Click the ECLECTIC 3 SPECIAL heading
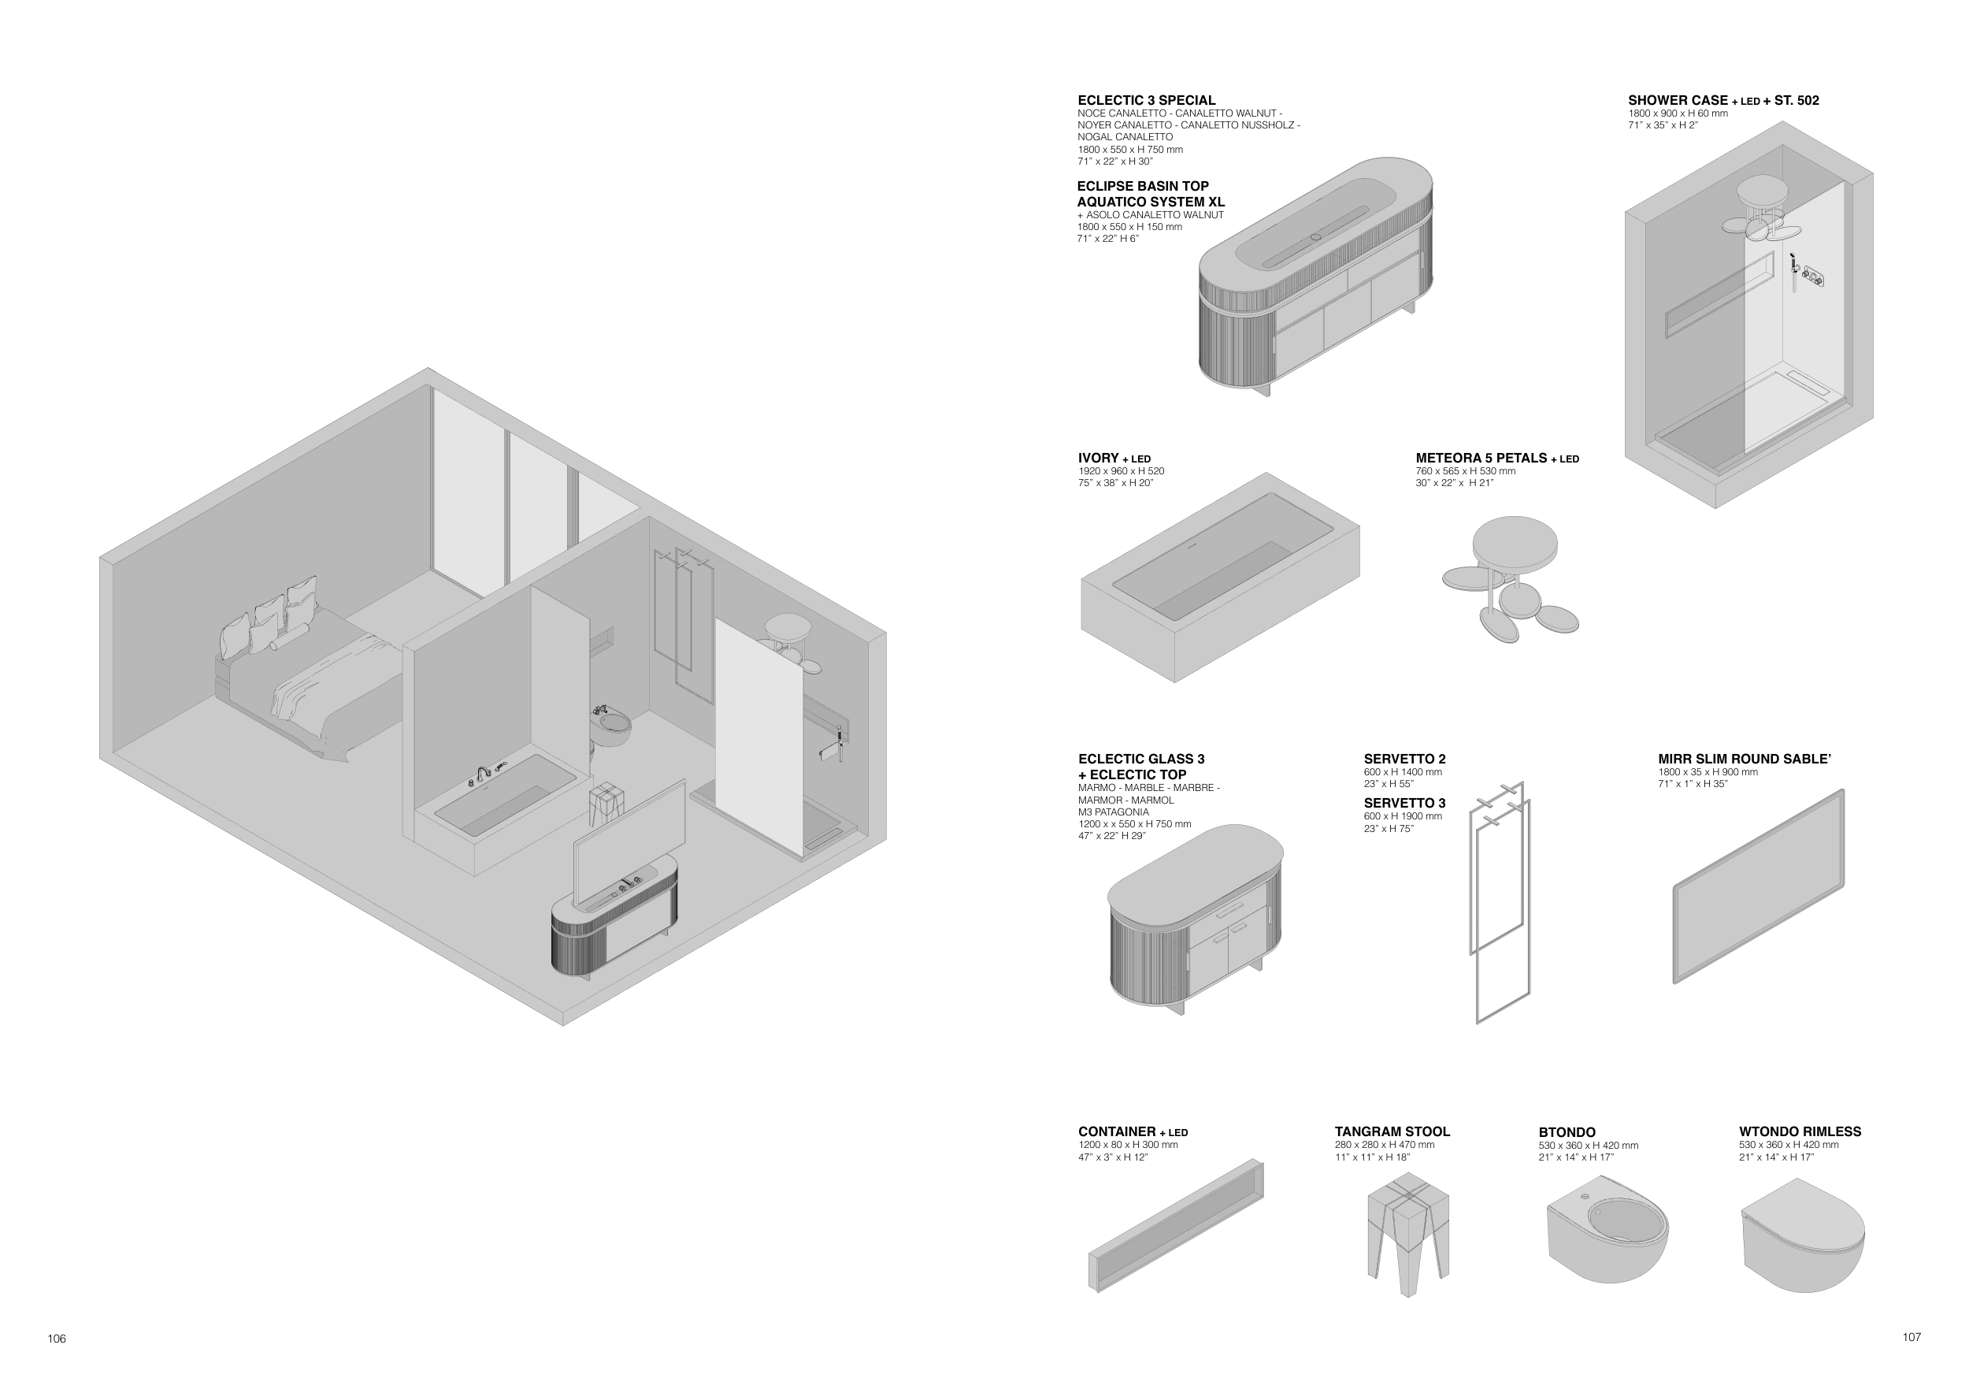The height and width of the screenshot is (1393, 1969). coord(1146,100)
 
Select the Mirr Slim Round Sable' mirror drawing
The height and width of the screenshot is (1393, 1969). coord(1758,886)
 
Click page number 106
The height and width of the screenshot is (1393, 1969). coord(57,1339)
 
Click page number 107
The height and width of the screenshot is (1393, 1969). coord(1912,1337)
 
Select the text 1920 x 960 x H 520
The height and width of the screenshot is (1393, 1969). coord(1121,472)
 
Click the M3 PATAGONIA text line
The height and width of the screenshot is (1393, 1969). coord(1113,812)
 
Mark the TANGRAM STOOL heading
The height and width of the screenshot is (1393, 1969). coord(1392,1132)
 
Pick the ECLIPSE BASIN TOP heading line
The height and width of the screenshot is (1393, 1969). coord(1142,186)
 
